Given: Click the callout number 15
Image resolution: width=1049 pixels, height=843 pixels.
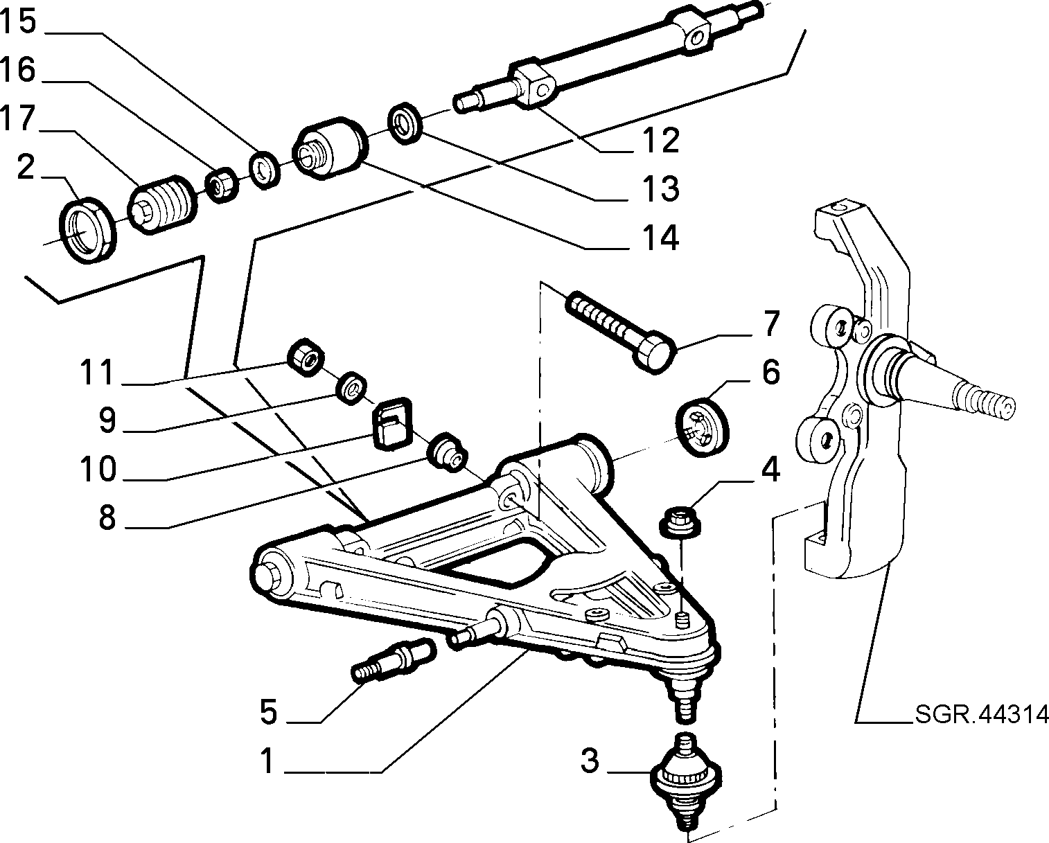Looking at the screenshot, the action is (x=19, y=22).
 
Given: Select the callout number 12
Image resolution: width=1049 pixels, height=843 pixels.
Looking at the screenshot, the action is (x=661, y=141).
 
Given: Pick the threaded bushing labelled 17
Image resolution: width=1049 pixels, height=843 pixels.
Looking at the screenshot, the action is (x=163, y=204).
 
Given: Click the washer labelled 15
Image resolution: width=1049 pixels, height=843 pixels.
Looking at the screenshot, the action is (x=265, y=170).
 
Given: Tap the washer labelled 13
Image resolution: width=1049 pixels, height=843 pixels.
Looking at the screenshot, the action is (x=405, y=123).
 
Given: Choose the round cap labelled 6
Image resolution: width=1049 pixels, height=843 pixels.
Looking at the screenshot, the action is (x=703, y=427).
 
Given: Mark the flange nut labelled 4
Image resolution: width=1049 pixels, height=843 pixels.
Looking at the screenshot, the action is (x=680, y=524).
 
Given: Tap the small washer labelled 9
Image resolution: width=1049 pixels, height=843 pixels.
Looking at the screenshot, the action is (x=351, y=389).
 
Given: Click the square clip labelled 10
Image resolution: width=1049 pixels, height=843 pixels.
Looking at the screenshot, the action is (x=393, y=423).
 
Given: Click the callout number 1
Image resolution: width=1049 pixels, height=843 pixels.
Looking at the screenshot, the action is (x=267, y=761).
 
